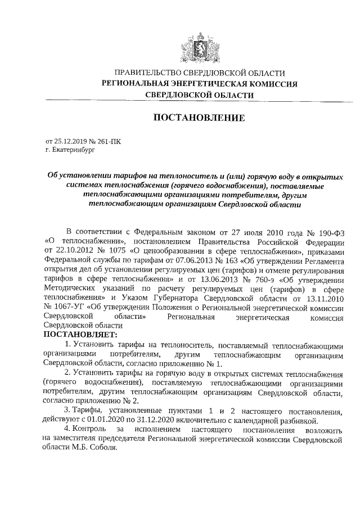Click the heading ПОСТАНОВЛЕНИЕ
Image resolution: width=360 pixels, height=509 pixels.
coord(196,118)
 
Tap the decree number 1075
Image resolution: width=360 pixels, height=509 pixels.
coord(109,250)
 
